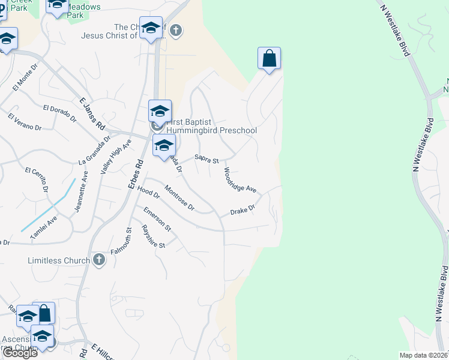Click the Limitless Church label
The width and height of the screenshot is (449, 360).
59,260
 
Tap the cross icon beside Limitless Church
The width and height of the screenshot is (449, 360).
100,260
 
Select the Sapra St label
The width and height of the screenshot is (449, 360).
206,158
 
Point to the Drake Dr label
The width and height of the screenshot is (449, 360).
243,211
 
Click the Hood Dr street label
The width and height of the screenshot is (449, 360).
148,191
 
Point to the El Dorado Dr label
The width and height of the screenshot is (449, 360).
60,113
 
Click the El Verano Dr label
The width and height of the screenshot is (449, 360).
25,122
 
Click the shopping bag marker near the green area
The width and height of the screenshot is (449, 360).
270,59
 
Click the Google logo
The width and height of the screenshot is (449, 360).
20,353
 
